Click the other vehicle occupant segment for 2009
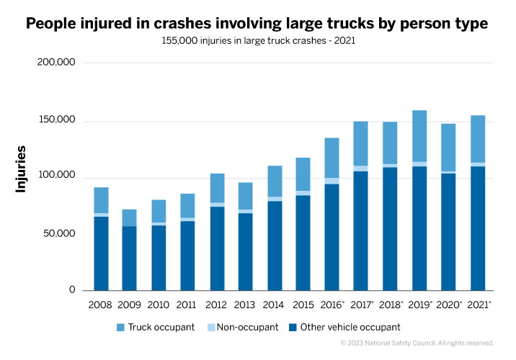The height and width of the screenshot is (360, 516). click(130, 258)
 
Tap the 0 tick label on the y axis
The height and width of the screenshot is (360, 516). click(71, 290)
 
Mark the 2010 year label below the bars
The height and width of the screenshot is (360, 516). click(157, 305)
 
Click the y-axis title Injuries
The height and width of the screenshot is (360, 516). click(22, 168)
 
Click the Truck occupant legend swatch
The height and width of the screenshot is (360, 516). click(121, 328)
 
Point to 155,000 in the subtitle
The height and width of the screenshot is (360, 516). click(185, 41)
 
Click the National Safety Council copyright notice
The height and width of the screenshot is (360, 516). click(417, 343)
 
